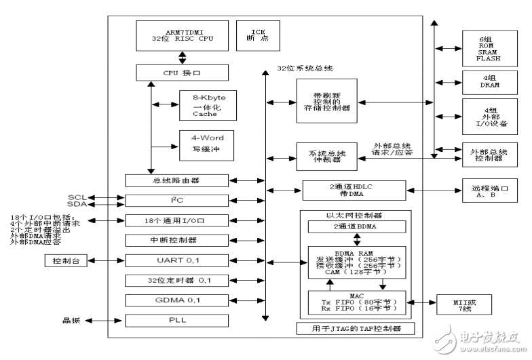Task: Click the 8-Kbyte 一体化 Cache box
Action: (x=206, y=106)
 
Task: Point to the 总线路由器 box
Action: (x=180, y=180)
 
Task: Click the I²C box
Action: (x=180, y=201)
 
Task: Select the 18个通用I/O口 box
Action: (x=180, y=220)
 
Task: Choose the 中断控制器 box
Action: (x=180, y=240)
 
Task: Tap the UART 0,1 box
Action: (x=180, y=260)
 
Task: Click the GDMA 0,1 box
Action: (x=180, y=300)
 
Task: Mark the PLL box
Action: (x=180, y=319)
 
